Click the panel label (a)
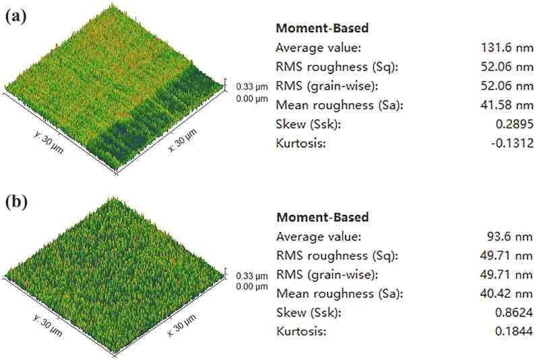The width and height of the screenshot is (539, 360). (15, 17)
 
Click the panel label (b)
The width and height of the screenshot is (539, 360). (15, 202)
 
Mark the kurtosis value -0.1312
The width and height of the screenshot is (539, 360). (514, 144)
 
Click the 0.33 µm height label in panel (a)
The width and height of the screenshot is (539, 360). (252, 87)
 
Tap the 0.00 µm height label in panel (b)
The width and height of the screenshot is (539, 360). (252, 287)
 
